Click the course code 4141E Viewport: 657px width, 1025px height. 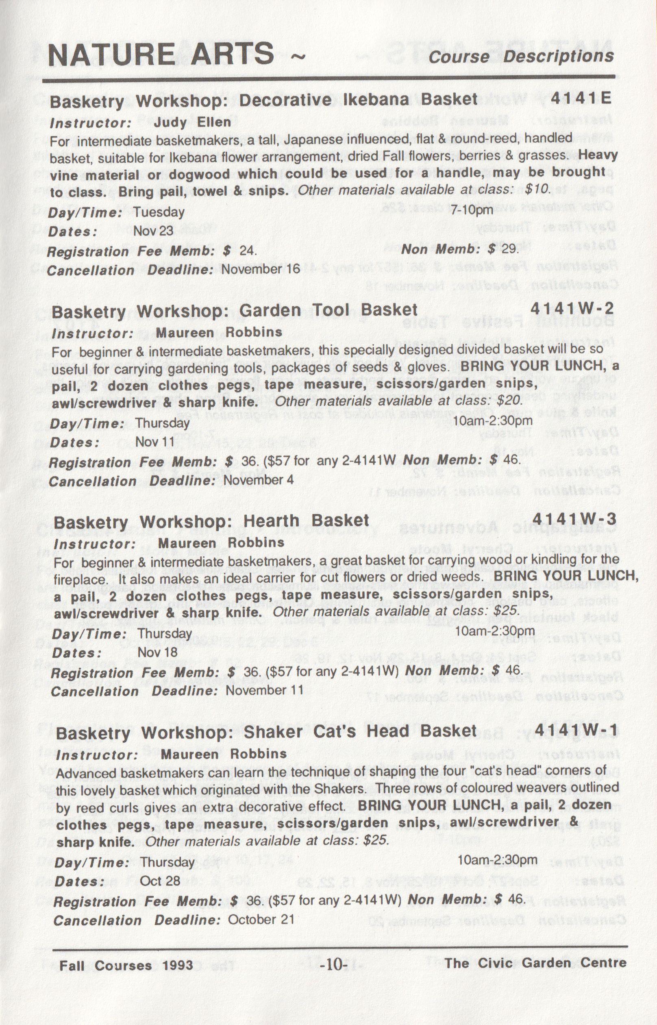(x=581, y=98)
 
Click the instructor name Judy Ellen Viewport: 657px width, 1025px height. (x=192, y=122)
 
